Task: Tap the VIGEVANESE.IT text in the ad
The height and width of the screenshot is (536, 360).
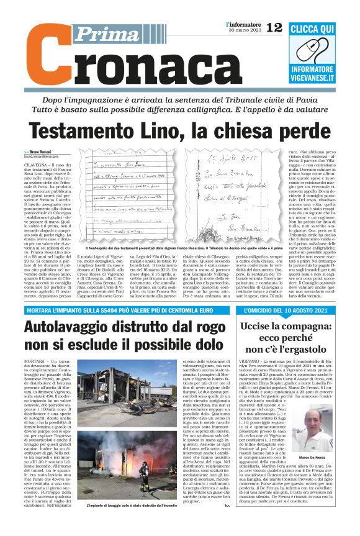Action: pyautogui.click(x=320, y=76)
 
